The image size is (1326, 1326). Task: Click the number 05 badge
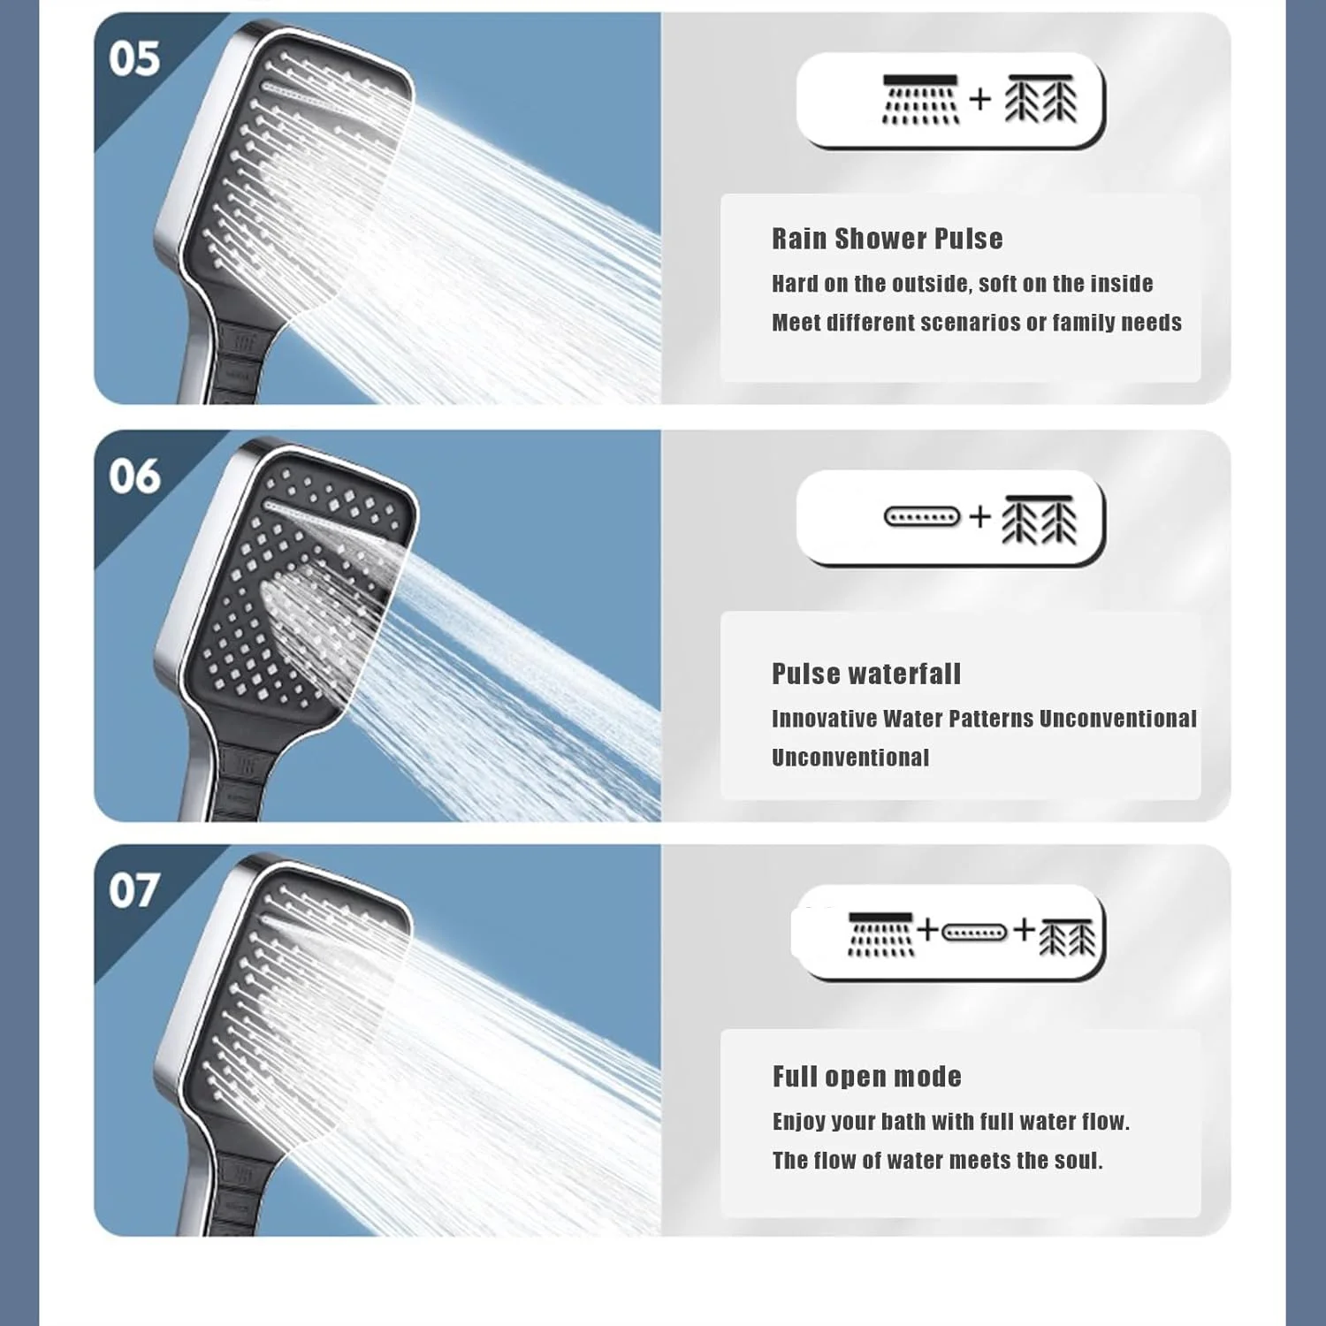(134, 59)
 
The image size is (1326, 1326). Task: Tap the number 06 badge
(134, 476)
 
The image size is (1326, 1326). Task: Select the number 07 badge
(134, 890)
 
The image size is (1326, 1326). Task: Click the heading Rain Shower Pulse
(888, 239)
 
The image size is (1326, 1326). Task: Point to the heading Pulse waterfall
(866, 674)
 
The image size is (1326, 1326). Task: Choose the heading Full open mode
(867, 1077)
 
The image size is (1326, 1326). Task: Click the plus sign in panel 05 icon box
(979, 99)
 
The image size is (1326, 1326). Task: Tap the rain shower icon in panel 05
(920, 99)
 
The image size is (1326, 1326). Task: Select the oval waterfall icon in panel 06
(922, 516)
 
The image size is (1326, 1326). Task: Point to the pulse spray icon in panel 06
(1040, 519)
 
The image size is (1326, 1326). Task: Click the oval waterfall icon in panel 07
(973, 933)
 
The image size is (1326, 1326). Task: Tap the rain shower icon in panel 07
(880, 934)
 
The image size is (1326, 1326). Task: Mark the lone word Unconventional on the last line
(850, 758)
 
